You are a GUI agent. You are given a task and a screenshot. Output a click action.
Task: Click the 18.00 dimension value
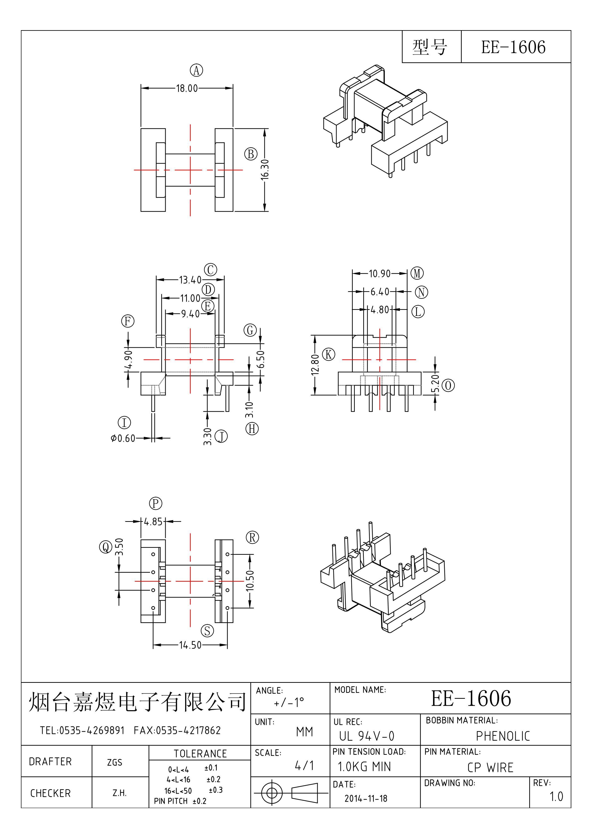pos(187,88)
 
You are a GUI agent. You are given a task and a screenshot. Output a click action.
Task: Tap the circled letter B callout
pos(251,154)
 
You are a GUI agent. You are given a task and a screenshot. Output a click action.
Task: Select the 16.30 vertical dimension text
pos(265,169)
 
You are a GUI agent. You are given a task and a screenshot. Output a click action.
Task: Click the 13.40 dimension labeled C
pos(190,280)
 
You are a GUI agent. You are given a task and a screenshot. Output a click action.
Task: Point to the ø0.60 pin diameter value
pos(123,438)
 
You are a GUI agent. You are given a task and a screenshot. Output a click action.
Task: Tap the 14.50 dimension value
pos(190,645)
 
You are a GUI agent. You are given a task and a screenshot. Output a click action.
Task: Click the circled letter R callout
pos(252,538)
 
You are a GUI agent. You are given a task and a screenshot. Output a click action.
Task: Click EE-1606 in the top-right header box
pos(513,47)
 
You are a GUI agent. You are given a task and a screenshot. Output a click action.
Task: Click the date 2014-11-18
pos(366,798)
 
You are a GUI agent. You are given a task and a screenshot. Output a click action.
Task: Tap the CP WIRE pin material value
pos(490,767)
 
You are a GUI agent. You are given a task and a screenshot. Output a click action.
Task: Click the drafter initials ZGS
pos(114,762)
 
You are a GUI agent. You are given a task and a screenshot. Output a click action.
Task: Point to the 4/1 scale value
pos(304,766)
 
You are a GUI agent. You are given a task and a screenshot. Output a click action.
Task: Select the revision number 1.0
pos(556,797)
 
